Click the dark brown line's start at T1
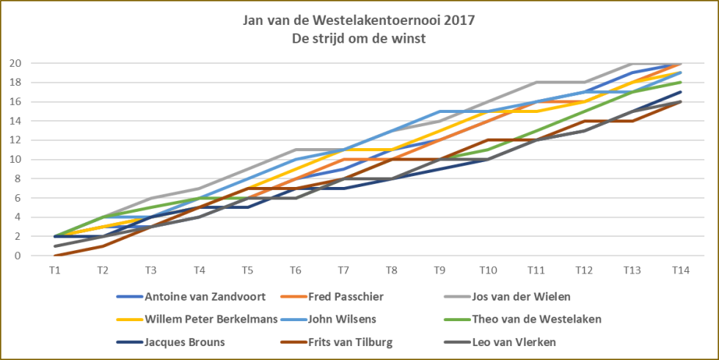[56, 256]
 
